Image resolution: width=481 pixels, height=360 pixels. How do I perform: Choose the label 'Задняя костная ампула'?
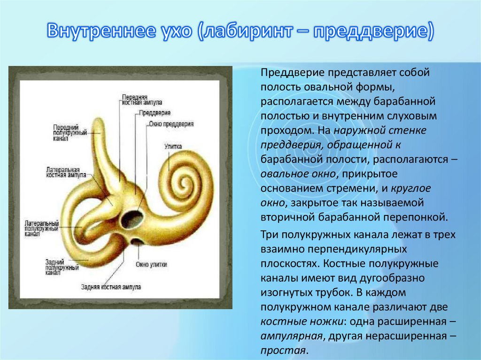(x=111, y=286)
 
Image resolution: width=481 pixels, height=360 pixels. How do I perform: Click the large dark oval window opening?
(x=132, y=218)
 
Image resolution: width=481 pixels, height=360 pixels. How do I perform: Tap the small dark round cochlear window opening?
(x=137, y=242)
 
